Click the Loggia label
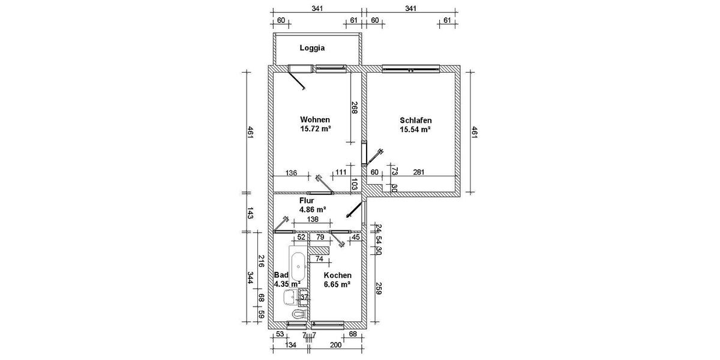[312, 48]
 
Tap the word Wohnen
[316, 119]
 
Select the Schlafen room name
[416, 120]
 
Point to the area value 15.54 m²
[416, 129]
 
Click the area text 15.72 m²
[316, 128]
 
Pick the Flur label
[307, 201]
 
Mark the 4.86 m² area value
[312, 210]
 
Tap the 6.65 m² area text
[336, 284]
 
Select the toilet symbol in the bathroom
[298, 314]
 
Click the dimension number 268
[355, 107]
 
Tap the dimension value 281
[419, 173]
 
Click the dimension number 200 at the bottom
[336, 346]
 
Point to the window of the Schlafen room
[411, 68]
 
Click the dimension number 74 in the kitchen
[319, 259]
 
